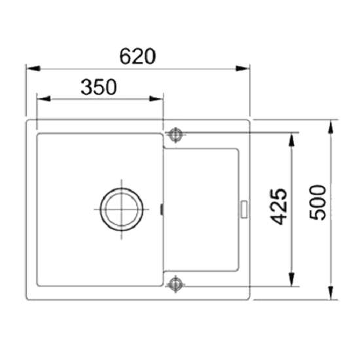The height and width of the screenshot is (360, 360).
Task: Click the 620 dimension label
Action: coord(137,56)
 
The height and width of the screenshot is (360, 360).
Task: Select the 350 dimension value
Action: coord(99,87)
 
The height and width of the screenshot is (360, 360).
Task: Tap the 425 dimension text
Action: coord(279,207)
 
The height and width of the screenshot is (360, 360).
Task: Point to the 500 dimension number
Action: coord(317,202)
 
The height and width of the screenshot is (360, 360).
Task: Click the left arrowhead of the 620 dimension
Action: coord(33,69)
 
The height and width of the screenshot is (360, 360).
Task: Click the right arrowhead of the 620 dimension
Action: coord(242,69)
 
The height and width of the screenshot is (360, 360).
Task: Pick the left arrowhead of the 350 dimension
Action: coord(44,99)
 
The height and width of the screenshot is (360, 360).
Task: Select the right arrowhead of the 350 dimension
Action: coord(156,99)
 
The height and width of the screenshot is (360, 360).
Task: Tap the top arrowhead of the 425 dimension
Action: coord(291,140)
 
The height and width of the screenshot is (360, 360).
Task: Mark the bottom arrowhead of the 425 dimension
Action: coord(291,279)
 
